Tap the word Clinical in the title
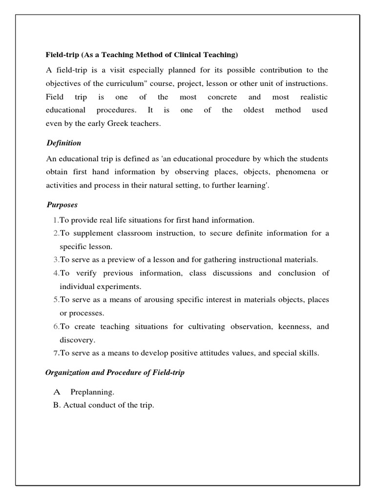click(191, 55)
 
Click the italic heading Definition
click(64, 143)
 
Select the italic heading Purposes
click(62, 205)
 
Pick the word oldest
click(253, 110)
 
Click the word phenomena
click(297, 172)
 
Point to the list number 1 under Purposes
click(56, 220)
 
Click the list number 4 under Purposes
click(56, 273)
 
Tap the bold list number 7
click(56, 353)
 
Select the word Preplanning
click(92, 392)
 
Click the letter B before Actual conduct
click(56, 405)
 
